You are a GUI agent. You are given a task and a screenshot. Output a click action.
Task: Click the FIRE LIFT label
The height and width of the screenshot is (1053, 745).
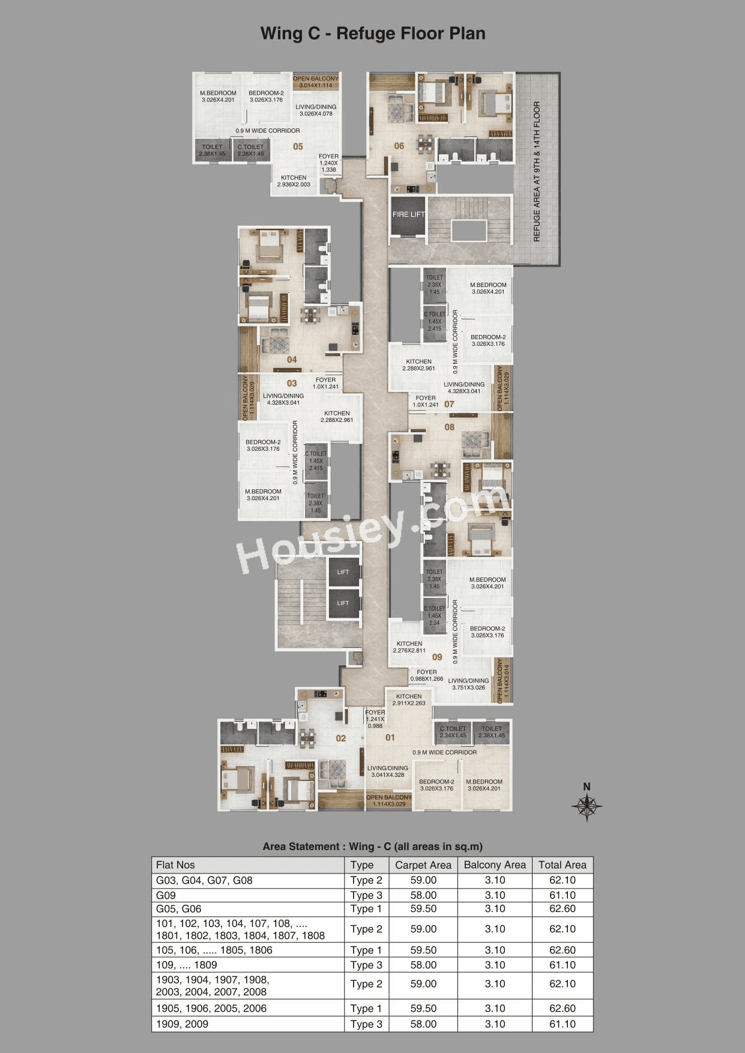(x=408, y=214)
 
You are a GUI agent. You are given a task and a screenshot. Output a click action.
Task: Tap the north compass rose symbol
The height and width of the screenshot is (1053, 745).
(x=587, y=806)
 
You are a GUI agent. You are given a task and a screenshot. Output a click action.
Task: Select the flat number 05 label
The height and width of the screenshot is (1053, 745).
(x=298, y=146)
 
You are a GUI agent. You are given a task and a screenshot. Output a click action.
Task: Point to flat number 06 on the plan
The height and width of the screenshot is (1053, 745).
(x=399, y=146)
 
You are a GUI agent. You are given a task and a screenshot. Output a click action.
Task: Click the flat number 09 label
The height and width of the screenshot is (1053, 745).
(x=437, y=657)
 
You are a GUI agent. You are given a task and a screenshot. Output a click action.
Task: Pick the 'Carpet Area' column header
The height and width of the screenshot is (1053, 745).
(x=423, y=865)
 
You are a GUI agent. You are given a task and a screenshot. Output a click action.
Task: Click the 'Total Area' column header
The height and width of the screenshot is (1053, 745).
(x=562, y=865)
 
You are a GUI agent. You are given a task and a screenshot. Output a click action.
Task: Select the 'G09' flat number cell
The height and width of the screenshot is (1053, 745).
(x=166, y=895)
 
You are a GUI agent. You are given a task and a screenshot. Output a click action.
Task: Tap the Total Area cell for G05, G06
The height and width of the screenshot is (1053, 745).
(x=562, y=909)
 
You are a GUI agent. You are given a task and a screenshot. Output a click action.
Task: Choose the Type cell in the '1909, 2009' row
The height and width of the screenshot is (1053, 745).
(x=366, y=1024)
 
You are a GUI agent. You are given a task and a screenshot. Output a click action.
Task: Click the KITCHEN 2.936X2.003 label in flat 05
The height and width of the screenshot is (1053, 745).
(x=294, y=181)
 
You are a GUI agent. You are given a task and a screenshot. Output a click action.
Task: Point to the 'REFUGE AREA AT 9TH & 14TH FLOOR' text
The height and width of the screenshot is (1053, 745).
(x=537, y=172)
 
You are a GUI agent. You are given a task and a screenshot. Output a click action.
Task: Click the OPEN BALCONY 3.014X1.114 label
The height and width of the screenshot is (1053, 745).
(x=316, y=82)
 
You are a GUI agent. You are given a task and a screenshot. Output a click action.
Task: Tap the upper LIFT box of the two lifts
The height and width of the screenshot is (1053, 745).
(x=343, y=572)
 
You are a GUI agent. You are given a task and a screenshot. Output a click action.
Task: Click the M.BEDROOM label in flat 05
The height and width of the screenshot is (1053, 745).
(x=218, y=97)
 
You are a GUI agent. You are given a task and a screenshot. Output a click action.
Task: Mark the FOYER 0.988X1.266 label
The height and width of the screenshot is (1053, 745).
(x=427, y=675)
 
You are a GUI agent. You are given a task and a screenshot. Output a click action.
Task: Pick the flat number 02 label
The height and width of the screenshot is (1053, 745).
(x=341, y=738)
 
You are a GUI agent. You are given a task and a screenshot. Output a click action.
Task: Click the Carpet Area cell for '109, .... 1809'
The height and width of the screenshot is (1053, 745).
(x=423, y=965)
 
